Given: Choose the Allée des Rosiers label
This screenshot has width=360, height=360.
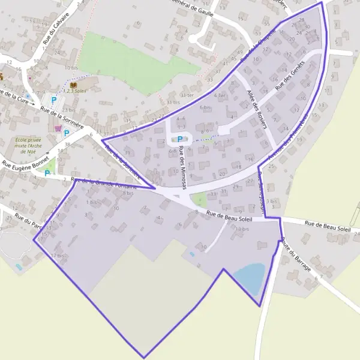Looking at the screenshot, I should pos(256,106).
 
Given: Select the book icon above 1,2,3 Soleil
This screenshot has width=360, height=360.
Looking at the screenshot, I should pos(73,85).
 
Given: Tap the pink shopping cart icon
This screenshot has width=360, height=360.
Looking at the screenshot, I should pos(58,128).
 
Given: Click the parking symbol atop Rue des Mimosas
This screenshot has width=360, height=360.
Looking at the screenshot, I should pos(179,139).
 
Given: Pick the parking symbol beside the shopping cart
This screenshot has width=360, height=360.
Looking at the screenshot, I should pos(67,133).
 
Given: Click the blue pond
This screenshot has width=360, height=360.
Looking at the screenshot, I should pos(249,276).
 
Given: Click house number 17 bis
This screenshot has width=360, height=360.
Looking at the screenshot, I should pos(57,256).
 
